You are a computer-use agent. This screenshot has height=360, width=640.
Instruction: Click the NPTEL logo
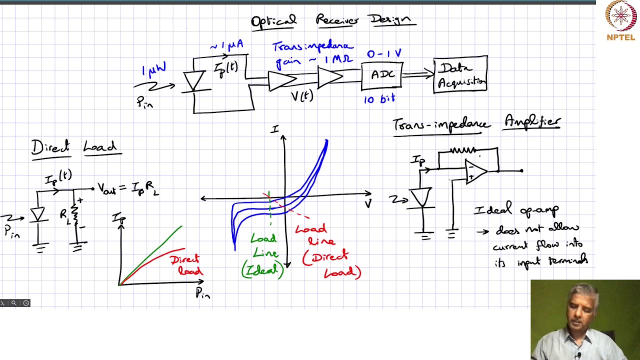pos(620,20)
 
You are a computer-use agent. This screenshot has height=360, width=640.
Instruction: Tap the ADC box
pos(382,75)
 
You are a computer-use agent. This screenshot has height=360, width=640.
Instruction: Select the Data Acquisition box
pos(460,75)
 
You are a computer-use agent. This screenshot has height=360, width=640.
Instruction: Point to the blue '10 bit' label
pos(379,99)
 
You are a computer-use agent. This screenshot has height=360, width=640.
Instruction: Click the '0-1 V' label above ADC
pos(384,53)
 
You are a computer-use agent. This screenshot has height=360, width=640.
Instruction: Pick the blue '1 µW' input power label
pos(154,69)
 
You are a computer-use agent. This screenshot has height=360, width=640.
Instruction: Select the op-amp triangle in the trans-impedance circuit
pos(475,171)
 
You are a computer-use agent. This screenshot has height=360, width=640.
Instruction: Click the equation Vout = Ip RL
pos(128,188)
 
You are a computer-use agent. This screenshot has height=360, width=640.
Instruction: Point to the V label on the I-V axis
pos(368,204)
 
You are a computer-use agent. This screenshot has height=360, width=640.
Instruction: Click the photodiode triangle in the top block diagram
pos(194,80)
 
